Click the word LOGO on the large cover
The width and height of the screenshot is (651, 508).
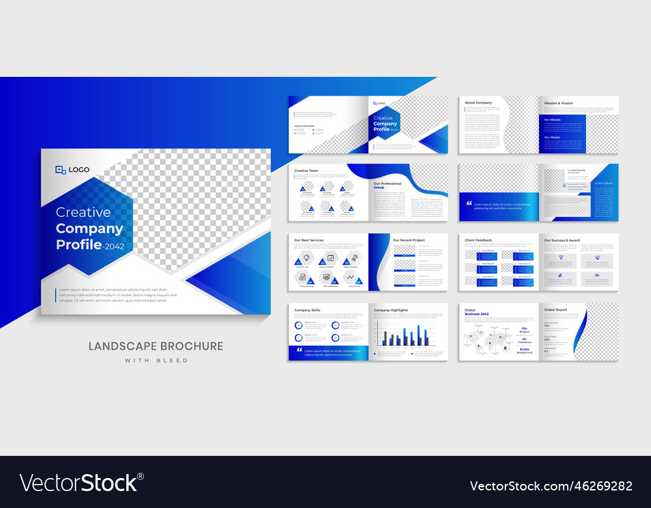pyautogui.click(x=79, y=170)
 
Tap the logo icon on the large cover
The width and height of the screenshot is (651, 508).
pyautogui.click(x=61, y=170)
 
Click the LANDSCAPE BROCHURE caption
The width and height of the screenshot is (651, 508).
pyautogui.click(x=156, y=346)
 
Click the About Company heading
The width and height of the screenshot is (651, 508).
pyautogui.click(x=478, y=103)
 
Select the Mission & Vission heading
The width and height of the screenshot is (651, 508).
pyautogui.click(x=559, y=103)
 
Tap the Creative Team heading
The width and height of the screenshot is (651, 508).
pyautogui.click(x=306, y=171)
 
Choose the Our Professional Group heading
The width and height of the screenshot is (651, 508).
pyautogui.click(x=387, y=186)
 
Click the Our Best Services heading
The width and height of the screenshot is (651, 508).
pyautogui.click(x=309, y=240)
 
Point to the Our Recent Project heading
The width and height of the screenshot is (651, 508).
pyautogui.click(x=408, y=240)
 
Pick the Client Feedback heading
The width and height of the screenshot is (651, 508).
pyautogui.click(x=478, y=240)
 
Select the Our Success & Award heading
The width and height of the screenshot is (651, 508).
pyautogui.click(x=562, y=240)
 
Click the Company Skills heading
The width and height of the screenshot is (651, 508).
pyautogui.click(x=307, y=310)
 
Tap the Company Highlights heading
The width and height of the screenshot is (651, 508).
pyautogui.click(x=391, y=310)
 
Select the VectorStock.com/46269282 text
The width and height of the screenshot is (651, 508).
pyautogui.click(x=551, y=486)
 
